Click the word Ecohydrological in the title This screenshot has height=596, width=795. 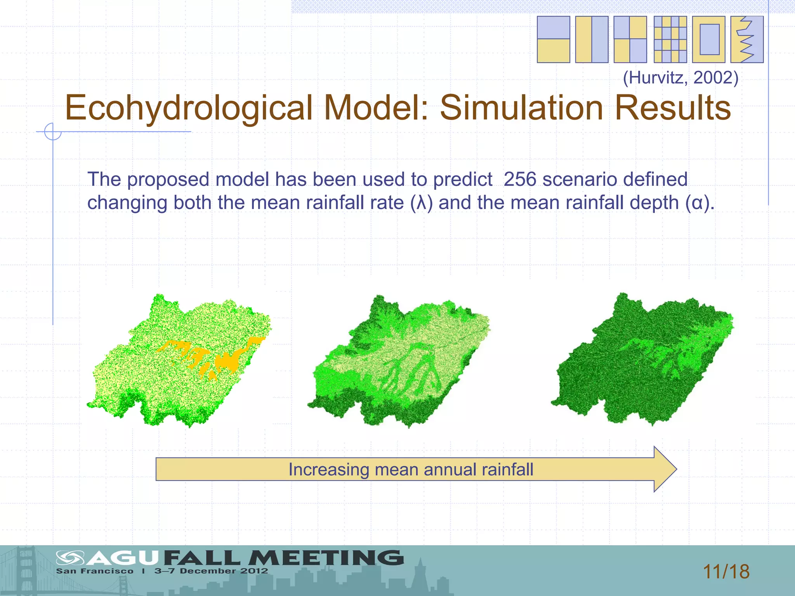(189, 108)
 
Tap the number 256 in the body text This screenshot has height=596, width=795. (520, 179)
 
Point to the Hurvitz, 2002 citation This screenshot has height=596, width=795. (680, 78)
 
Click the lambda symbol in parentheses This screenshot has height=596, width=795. (421, 203)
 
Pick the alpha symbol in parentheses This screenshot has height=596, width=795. (698, 203)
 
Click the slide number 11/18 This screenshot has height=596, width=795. (726, 572)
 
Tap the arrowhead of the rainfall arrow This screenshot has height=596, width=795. (665, 469)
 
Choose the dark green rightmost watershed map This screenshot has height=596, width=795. (642, 361)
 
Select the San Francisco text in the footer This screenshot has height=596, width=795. (95, 571)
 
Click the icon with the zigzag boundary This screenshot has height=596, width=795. (747, 40)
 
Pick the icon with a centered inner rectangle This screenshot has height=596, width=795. (709, 40)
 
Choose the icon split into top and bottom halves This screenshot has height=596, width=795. (553, 40)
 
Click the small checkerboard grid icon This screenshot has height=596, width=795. (670, 40)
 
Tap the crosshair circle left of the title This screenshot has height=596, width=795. (53, 132)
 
